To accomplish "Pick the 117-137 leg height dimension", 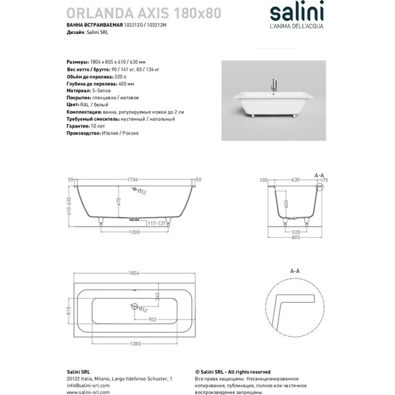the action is (x=155, y=223).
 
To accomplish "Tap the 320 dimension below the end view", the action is (x=296, y=231).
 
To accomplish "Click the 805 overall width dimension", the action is (x=296, y=239).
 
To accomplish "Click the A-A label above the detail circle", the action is (x=294, y=272).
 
